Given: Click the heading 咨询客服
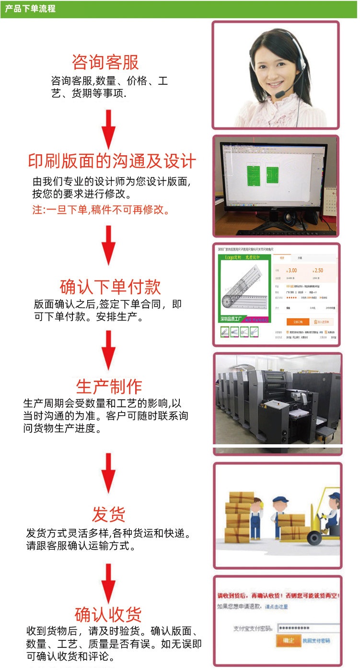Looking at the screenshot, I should (105, 62).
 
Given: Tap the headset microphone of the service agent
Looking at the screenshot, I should (280, 94).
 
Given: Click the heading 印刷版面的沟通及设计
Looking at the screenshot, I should (112, 161).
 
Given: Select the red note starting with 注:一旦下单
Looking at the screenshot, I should (101, 209).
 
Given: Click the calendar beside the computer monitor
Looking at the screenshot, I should (331, 201).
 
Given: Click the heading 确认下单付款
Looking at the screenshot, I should (110, 287).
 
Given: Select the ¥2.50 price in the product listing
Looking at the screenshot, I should (318, 270).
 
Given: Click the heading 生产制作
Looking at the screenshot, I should (109, 386).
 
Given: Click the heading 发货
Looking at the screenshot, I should (109, 515).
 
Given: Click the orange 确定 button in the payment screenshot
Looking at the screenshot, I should (288, 640).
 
